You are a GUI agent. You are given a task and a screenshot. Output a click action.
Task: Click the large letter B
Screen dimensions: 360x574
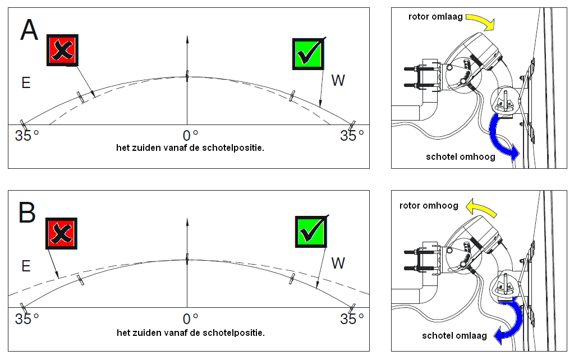[x=27, y=213]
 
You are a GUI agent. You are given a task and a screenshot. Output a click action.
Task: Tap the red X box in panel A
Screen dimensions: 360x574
[x=62, y=50]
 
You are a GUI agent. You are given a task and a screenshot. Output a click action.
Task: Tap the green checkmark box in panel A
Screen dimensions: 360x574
[x=308, y=54]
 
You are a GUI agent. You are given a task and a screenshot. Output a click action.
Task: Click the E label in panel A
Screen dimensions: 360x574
[x=25, y=82]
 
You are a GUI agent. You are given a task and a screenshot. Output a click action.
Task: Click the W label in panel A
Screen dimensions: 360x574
[x=338, y=81]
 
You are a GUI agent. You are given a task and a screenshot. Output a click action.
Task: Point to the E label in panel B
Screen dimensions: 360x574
[x=25, y=266]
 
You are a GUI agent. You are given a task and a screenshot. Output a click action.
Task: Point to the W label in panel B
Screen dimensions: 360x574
[x=338, y=263]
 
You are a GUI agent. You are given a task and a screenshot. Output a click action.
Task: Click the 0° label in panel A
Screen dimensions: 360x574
[x=191, y=136]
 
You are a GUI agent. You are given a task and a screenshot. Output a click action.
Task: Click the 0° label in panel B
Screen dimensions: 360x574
[x=191, y=319]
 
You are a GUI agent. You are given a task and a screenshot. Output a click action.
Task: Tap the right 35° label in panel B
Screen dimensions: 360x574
[x=352, y=319]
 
